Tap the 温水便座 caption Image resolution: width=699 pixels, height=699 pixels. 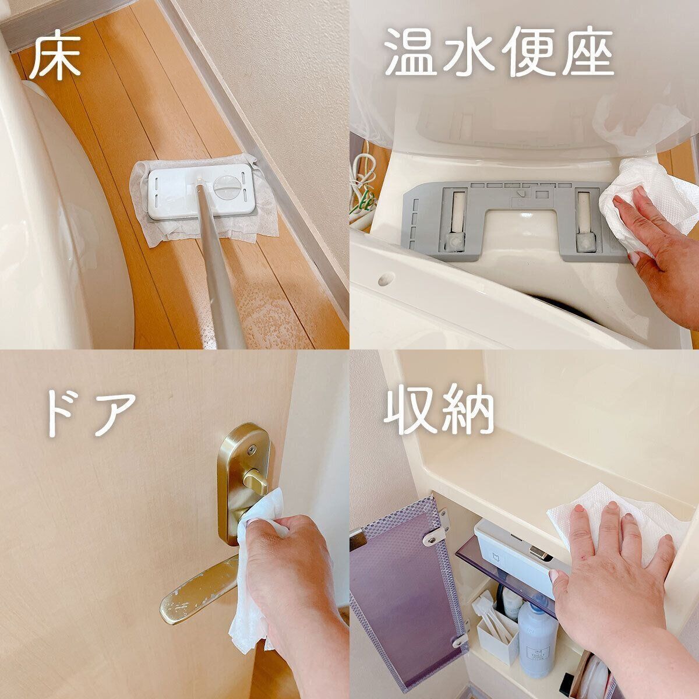click(500, 54)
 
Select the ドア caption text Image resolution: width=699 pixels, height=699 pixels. click(91, 414)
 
